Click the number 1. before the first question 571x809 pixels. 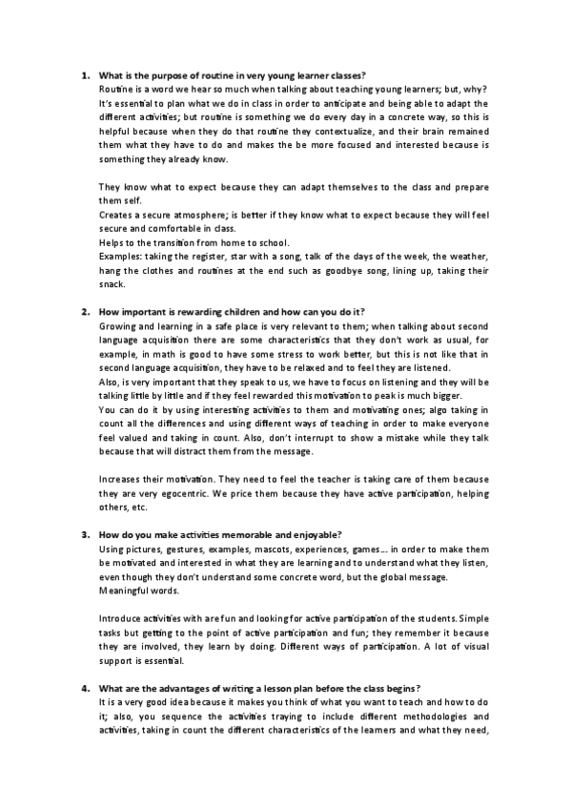[x=84, y=74]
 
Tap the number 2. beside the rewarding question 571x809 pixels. [x=84, y=311]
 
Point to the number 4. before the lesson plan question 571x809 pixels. [x=84, y=689]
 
